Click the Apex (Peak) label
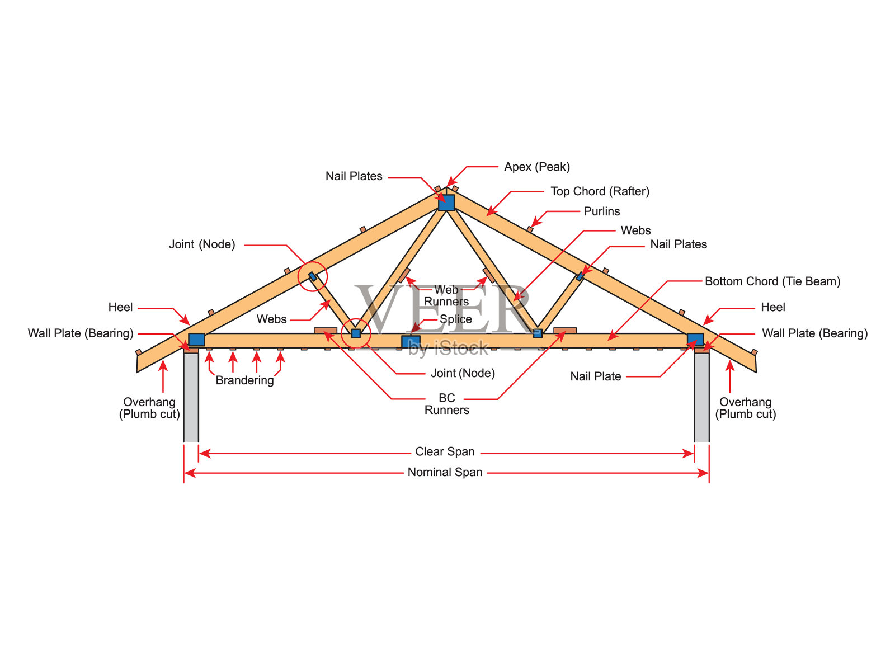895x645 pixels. tap(536, 167)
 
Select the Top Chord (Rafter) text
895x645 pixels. tap(600, 191)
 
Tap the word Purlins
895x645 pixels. tap(601, 211)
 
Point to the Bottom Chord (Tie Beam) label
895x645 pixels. tap(772, 281)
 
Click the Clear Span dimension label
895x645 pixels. tap(445, 452)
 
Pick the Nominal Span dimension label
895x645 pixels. tap(445, 473)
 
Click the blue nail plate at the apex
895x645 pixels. tap(446, 203)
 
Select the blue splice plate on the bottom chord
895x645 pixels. tap(411, 341)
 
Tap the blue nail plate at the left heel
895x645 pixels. tap(196, 340)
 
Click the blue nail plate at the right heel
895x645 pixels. tap(695, 340)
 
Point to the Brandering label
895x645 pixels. tap(244, 380)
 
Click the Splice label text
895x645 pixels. tap(455, 319)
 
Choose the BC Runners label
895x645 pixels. tap(446, 404)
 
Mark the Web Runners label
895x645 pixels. tap(446, 296)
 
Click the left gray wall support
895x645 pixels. tap(191, 397)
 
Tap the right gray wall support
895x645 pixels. tap(701, 397)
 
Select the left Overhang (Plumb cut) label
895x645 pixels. tap(149, 408)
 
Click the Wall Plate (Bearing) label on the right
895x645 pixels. tap(814, 333)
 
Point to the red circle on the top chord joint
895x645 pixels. tap(312, 276)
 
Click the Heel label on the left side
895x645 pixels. tap(120, 307)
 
